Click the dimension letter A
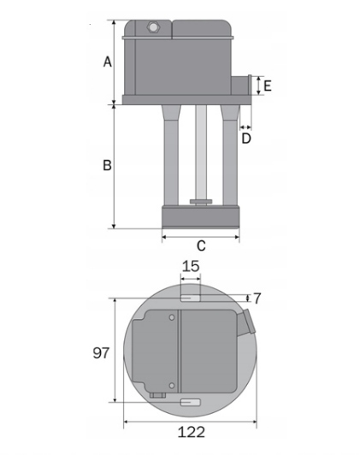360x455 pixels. pyautogui.click(x=108, y=62)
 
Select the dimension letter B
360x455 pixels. pyautogui.click(x=107, y=165)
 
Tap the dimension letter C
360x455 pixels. pyautogui.click(x=201, y=245)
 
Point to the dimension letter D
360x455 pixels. pyautogui.click(x=246, y=139)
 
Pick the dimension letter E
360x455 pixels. pyautogui.click(x=267, y=86)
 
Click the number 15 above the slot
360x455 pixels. pyautogui.click(x=191, y=266)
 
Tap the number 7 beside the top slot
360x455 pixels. pyautogui.click(x=257, y=298)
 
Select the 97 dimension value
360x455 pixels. pyautogui.click(x=101, y=353)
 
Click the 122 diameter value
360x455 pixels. pyautogui.click(x=191, y=432)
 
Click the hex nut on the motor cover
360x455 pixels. pyautogui.click(x=152, y=27)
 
